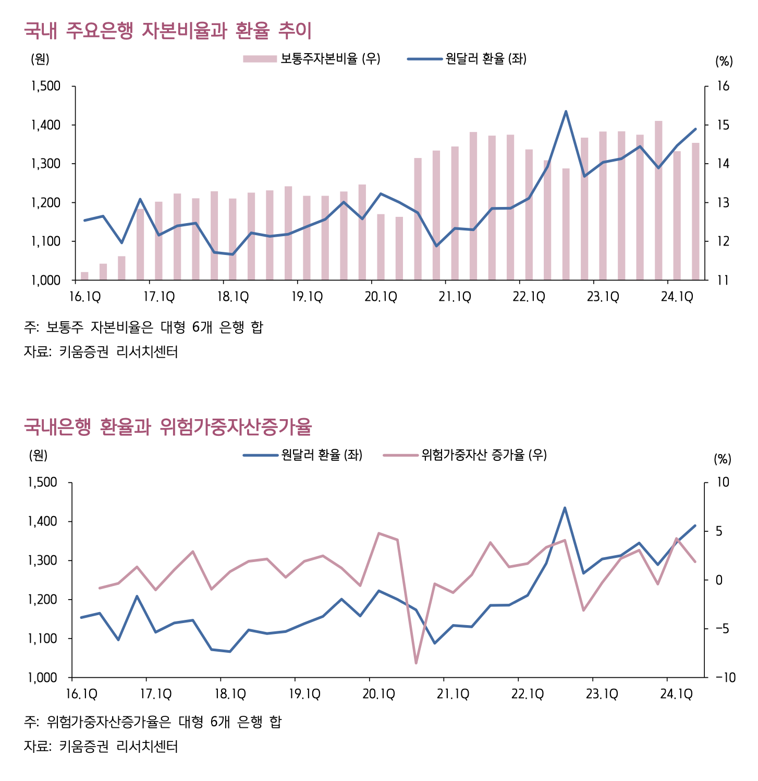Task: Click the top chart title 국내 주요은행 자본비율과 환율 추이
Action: click(x=167, y=31)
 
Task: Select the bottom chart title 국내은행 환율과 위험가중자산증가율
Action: click(x=167, y=427)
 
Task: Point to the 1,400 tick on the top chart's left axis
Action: click(x=46, y=125)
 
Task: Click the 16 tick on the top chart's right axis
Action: click(x=723, y=87)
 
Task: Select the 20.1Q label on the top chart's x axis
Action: click(x=381, y=297)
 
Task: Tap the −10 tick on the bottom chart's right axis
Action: click(x=725, y=678)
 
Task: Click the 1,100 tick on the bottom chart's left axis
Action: click(x=43, y=639)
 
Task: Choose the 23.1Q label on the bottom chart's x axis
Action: click(x=602, y=694)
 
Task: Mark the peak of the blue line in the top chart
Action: click(x=566, y=112)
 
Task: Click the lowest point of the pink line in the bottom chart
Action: click(x=416, y=663)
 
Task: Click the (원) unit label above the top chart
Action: click(x=40, y=59)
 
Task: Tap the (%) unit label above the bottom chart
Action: click(x=723, y=459)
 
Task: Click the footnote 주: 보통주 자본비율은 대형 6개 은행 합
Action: click(x=143, y=327)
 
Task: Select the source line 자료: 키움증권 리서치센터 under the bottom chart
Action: click(x=101, y=747)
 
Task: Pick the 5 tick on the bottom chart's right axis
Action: click(x=719, y=531)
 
